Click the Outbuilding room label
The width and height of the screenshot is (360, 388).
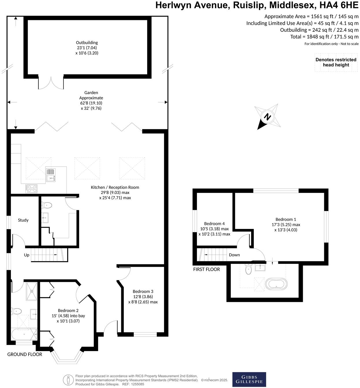[87, 43]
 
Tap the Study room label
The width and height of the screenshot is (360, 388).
[23, 220]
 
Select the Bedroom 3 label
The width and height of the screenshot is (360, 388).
[143, 292]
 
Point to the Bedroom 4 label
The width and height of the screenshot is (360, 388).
[214, 224]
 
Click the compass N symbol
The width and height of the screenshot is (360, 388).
[268, 117]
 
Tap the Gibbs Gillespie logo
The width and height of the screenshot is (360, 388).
[249, 379]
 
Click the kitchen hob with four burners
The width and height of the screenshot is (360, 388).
[31, 189]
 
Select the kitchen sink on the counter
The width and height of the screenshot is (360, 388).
[51, 175]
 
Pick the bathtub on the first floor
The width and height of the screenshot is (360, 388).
[276, 284]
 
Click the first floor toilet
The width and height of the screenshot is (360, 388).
[249, 269]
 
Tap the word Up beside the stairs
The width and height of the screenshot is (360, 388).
[27, 255]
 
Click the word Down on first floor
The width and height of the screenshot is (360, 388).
[234, 255]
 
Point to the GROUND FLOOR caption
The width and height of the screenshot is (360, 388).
[25, 354]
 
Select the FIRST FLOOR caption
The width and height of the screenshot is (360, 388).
[206, 269]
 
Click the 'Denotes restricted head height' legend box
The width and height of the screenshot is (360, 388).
[336, 62]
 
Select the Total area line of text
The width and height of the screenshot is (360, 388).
[324, 37]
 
